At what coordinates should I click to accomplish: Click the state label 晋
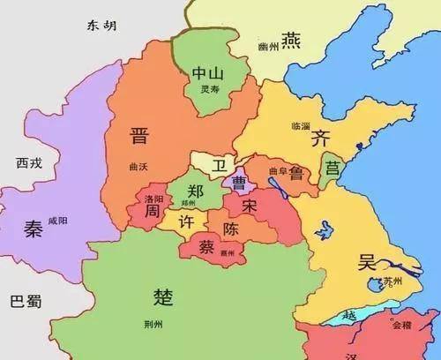click(x=139, y=136)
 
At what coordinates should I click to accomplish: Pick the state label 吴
click(x=367, y=261)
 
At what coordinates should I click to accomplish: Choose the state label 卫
click(x=215, y=164)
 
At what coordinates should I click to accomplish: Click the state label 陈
click(x=230, y=229)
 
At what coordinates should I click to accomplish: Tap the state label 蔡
click(x=207, y=244)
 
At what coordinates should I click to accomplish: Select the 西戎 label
click(x=29, y=163)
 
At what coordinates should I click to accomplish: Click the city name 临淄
click(x=300, y=126)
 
